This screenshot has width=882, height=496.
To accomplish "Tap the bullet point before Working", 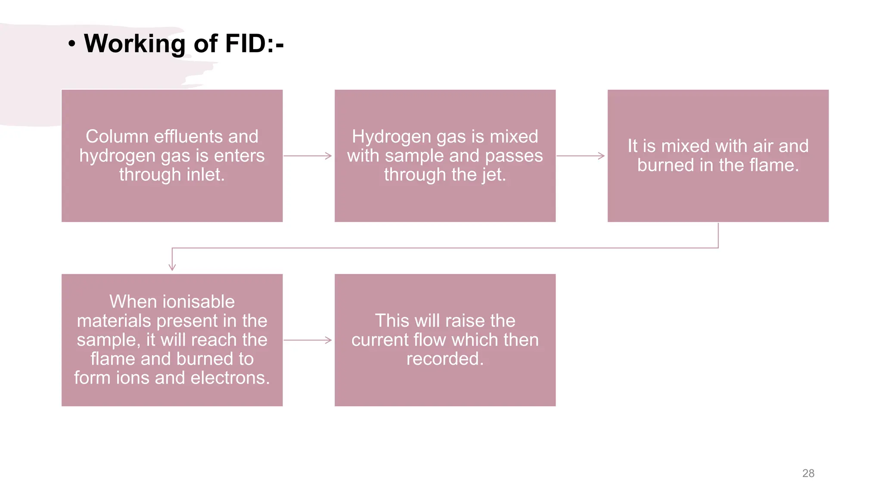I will click(72, 44).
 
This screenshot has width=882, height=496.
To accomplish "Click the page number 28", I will click(808, 473).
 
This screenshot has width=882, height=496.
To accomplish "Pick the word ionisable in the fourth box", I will click(199, 301).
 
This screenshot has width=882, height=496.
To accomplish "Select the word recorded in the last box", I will click(444, 359).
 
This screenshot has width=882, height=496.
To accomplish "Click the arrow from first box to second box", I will click(307, 156).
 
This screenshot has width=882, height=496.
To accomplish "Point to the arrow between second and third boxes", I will click(581, 156).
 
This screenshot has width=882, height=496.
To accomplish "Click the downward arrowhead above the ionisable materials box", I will click(172, 266).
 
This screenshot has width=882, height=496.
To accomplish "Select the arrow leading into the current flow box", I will click(307, 340).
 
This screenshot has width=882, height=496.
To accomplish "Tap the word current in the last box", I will click(379, 340).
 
